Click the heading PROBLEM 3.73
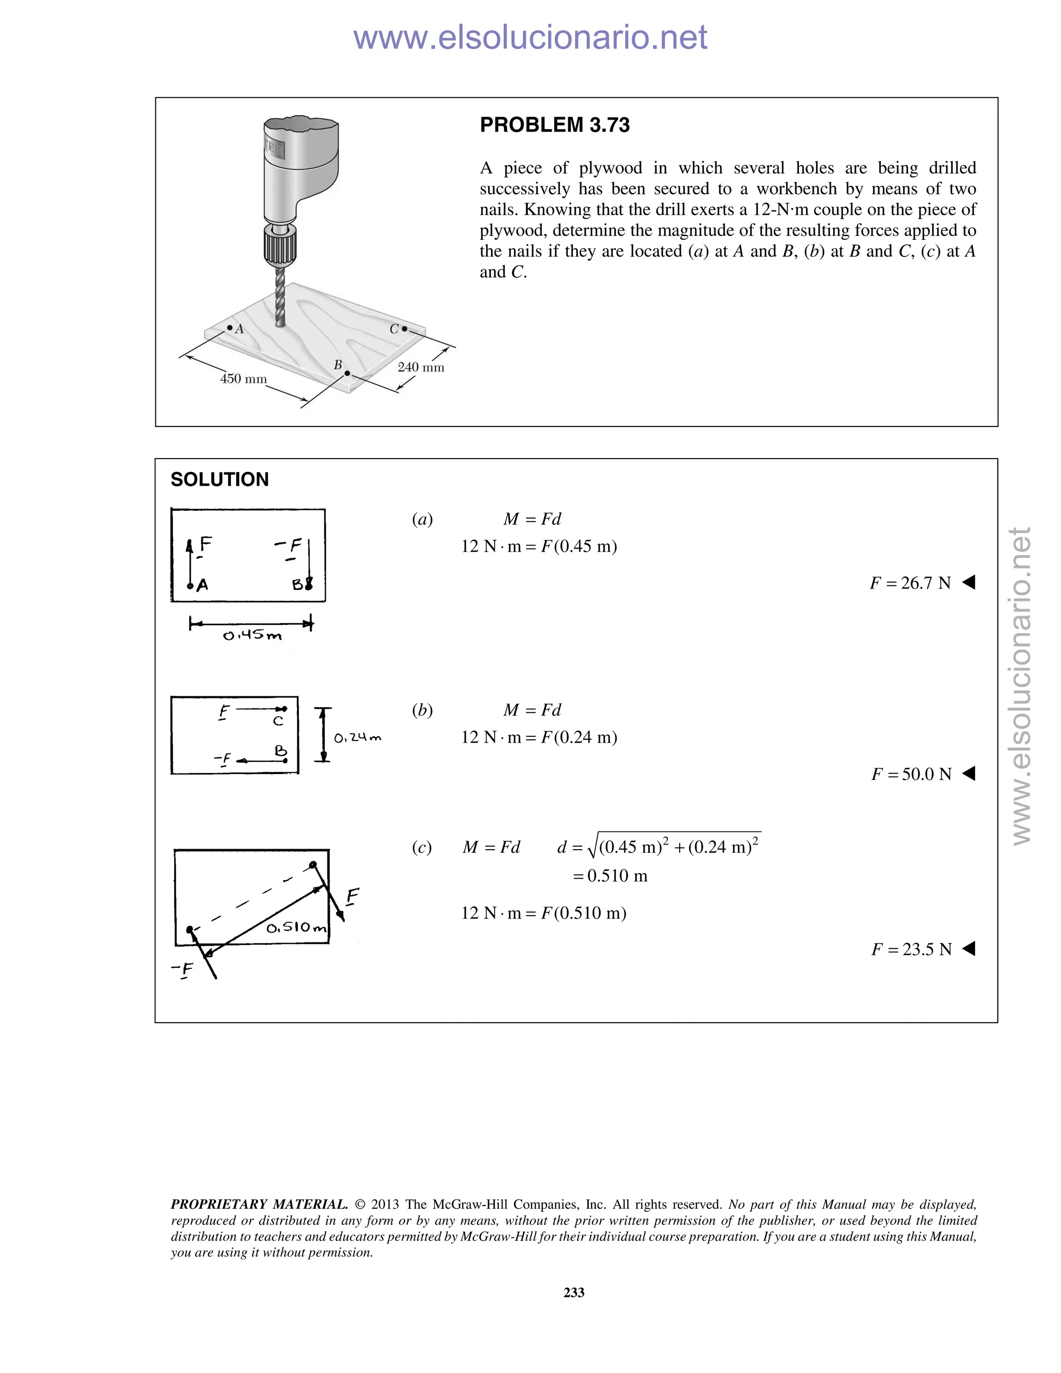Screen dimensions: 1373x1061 point(554,125)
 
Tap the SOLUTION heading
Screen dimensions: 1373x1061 point(219,480)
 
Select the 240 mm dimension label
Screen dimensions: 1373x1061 point(421,367)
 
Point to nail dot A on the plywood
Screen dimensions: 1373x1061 point(230,328)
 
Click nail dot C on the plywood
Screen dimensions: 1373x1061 point(404,329)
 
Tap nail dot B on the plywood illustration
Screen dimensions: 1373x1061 point(347,374)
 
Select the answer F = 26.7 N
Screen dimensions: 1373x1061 point(910,583)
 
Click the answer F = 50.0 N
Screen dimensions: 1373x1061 point(911,775)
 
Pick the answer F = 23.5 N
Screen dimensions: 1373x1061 point(911,949)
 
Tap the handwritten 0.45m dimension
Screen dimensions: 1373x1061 point(253,636)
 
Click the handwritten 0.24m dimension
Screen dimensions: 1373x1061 point(357,737)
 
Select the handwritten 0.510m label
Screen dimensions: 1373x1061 point(296,928)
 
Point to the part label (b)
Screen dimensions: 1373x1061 point(422,710)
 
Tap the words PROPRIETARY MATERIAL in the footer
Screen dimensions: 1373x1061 point(259,1205)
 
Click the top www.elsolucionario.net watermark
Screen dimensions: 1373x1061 point(530,38)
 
